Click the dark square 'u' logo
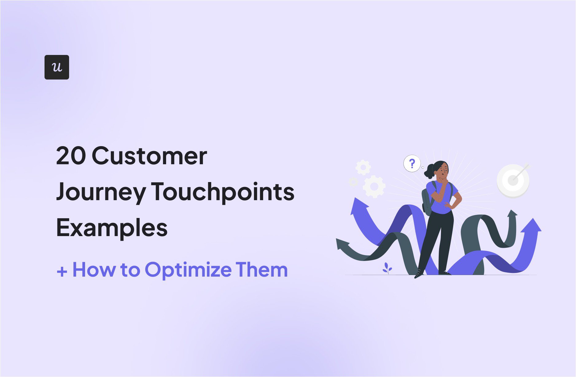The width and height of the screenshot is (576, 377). pos(57,67)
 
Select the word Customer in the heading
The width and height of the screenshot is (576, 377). pos(150,156)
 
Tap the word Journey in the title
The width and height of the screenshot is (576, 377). pos(101,192)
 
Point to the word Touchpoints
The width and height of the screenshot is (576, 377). pos(223,192)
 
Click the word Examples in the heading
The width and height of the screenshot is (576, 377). pos(112,228)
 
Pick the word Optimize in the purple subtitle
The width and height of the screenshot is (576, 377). pos(188,270)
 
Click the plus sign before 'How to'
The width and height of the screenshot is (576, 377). pos(62,271)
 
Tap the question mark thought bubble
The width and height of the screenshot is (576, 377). pos(412,164)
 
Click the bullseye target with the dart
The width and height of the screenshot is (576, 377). pos(513,181)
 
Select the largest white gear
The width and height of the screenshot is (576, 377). pos(374,186)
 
